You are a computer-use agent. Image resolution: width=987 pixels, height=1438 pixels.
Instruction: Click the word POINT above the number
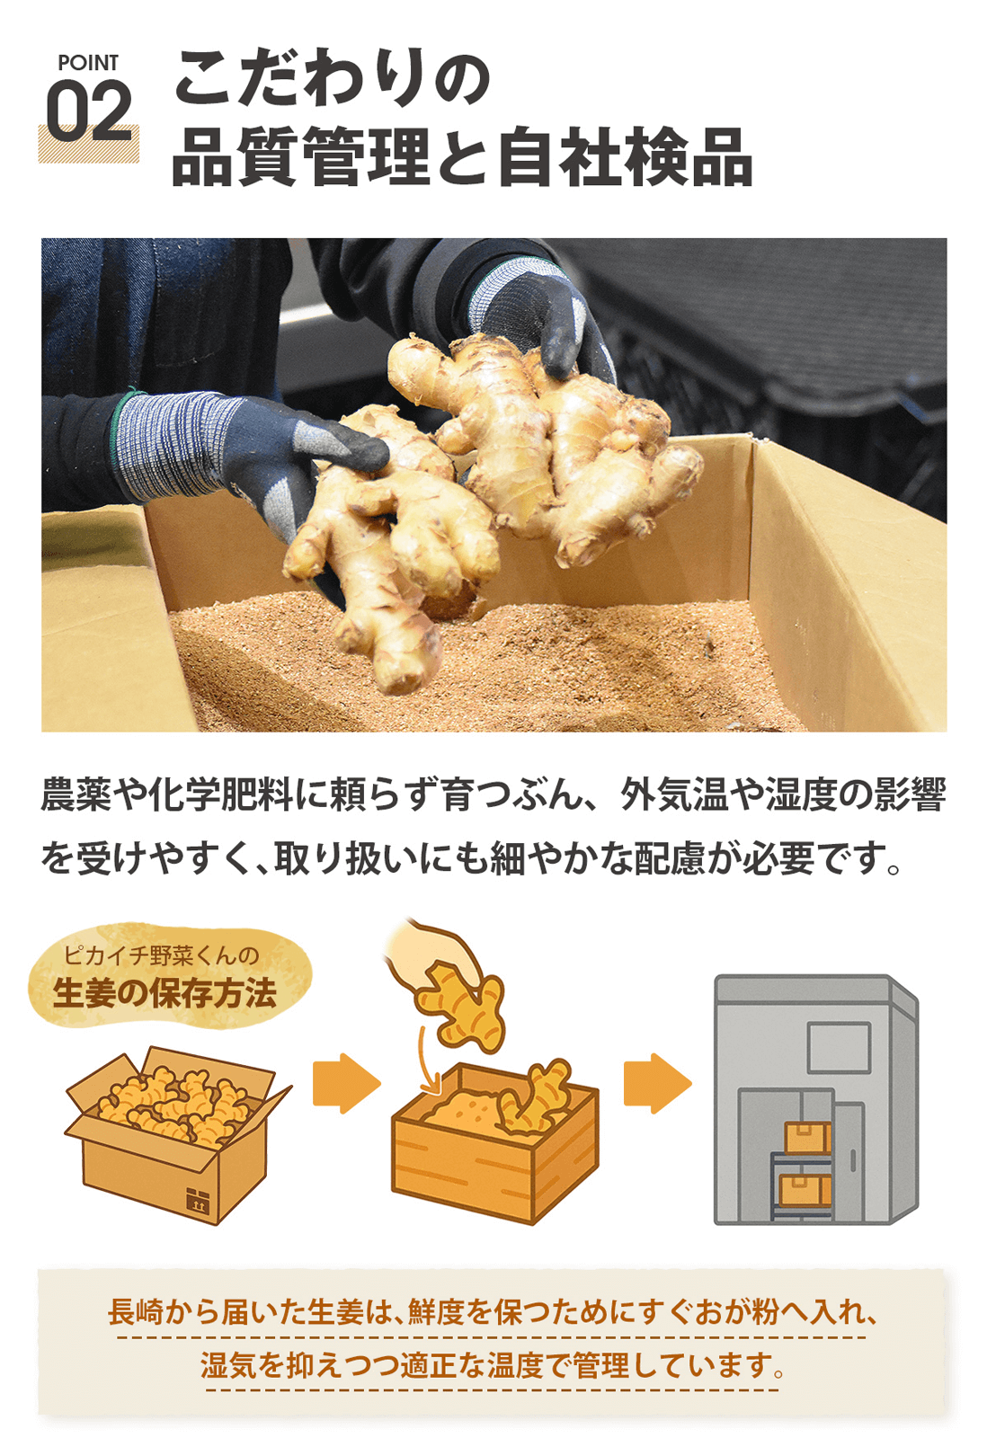pyautogui.click(x=87, y=63)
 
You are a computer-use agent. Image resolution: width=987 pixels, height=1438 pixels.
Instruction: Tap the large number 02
pyautogui.click(x=89, y=112)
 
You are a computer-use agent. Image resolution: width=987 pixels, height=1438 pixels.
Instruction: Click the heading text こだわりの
pyautogui.click(x=332, y=79)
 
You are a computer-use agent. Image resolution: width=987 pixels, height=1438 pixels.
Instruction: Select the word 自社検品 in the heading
pyautogui.click(x=625, y=157)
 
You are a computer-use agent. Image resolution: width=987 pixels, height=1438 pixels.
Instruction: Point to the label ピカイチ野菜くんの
pyautogui.click(x=161, y=954)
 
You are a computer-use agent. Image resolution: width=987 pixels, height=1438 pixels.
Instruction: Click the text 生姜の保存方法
pyautogui.click(x=164, y=993)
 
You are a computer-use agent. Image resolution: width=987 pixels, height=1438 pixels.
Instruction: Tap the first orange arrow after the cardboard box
pyautogui.click(x=345, y=1083)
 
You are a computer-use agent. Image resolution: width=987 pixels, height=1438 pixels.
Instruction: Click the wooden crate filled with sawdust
pyautogui.click(x=494, y=1146)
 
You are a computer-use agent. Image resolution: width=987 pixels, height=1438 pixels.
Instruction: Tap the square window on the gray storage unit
pyautogui.click(x=838, y=1048)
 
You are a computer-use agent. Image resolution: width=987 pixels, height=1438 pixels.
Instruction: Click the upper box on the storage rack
pyautogui.click(x=806, y=1138)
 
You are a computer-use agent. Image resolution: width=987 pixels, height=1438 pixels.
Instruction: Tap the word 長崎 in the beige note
pyautogui.click(x=135, y=1312)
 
